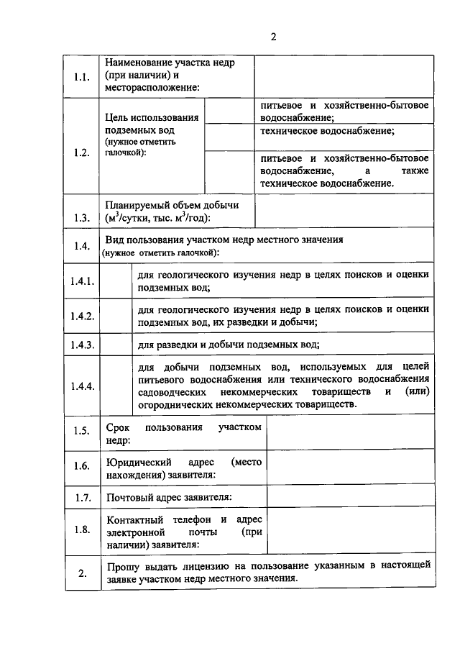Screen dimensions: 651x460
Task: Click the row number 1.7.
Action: pyautogui.click(x=82, y=497)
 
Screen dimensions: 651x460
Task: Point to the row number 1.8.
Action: pyautogui.click(x=82, y=530)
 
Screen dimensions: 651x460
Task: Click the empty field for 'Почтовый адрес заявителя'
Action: pyautogui.click(x=349, y=497)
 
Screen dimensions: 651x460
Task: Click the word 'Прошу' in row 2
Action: pyautogui.click(x=122, y=567)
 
